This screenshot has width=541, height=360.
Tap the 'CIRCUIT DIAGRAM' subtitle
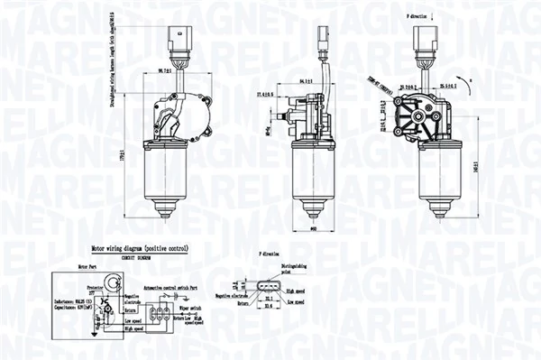(135, 254)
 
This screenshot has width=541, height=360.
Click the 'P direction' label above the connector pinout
(271, 255)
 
